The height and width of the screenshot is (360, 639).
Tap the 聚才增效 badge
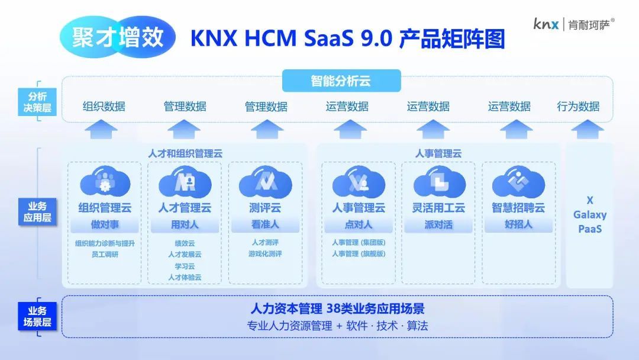[117, 37]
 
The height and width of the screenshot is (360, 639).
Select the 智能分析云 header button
[341, 81]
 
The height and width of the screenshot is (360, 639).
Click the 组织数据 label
[104, 107]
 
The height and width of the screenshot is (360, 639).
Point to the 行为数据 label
[578, 107]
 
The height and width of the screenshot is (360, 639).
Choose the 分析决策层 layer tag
[37, 102]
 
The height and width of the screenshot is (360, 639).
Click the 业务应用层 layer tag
[37, 211]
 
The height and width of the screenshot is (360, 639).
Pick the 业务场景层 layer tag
[37, 316]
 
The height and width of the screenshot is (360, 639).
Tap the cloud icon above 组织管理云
[105, 182]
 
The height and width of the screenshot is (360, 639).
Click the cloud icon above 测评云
[265, 182]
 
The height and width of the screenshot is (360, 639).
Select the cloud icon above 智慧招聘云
[518, 182]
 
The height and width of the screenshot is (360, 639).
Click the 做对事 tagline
[105, 224]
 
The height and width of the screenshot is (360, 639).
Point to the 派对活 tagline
[438, 224]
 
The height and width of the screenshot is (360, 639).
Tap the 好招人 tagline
[518, 224]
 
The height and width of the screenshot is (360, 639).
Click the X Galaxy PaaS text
[590, 214]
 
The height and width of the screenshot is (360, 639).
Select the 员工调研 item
[105, 255]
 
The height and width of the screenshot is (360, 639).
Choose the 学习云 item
[185, 266]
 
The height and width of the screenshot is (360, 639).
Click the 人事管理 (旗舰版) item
[359, 253]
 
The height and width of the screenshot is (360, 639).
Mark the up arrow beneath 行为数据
[588, 129]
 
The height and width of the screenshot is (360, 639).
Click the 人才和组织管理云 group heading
[185, 154]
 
